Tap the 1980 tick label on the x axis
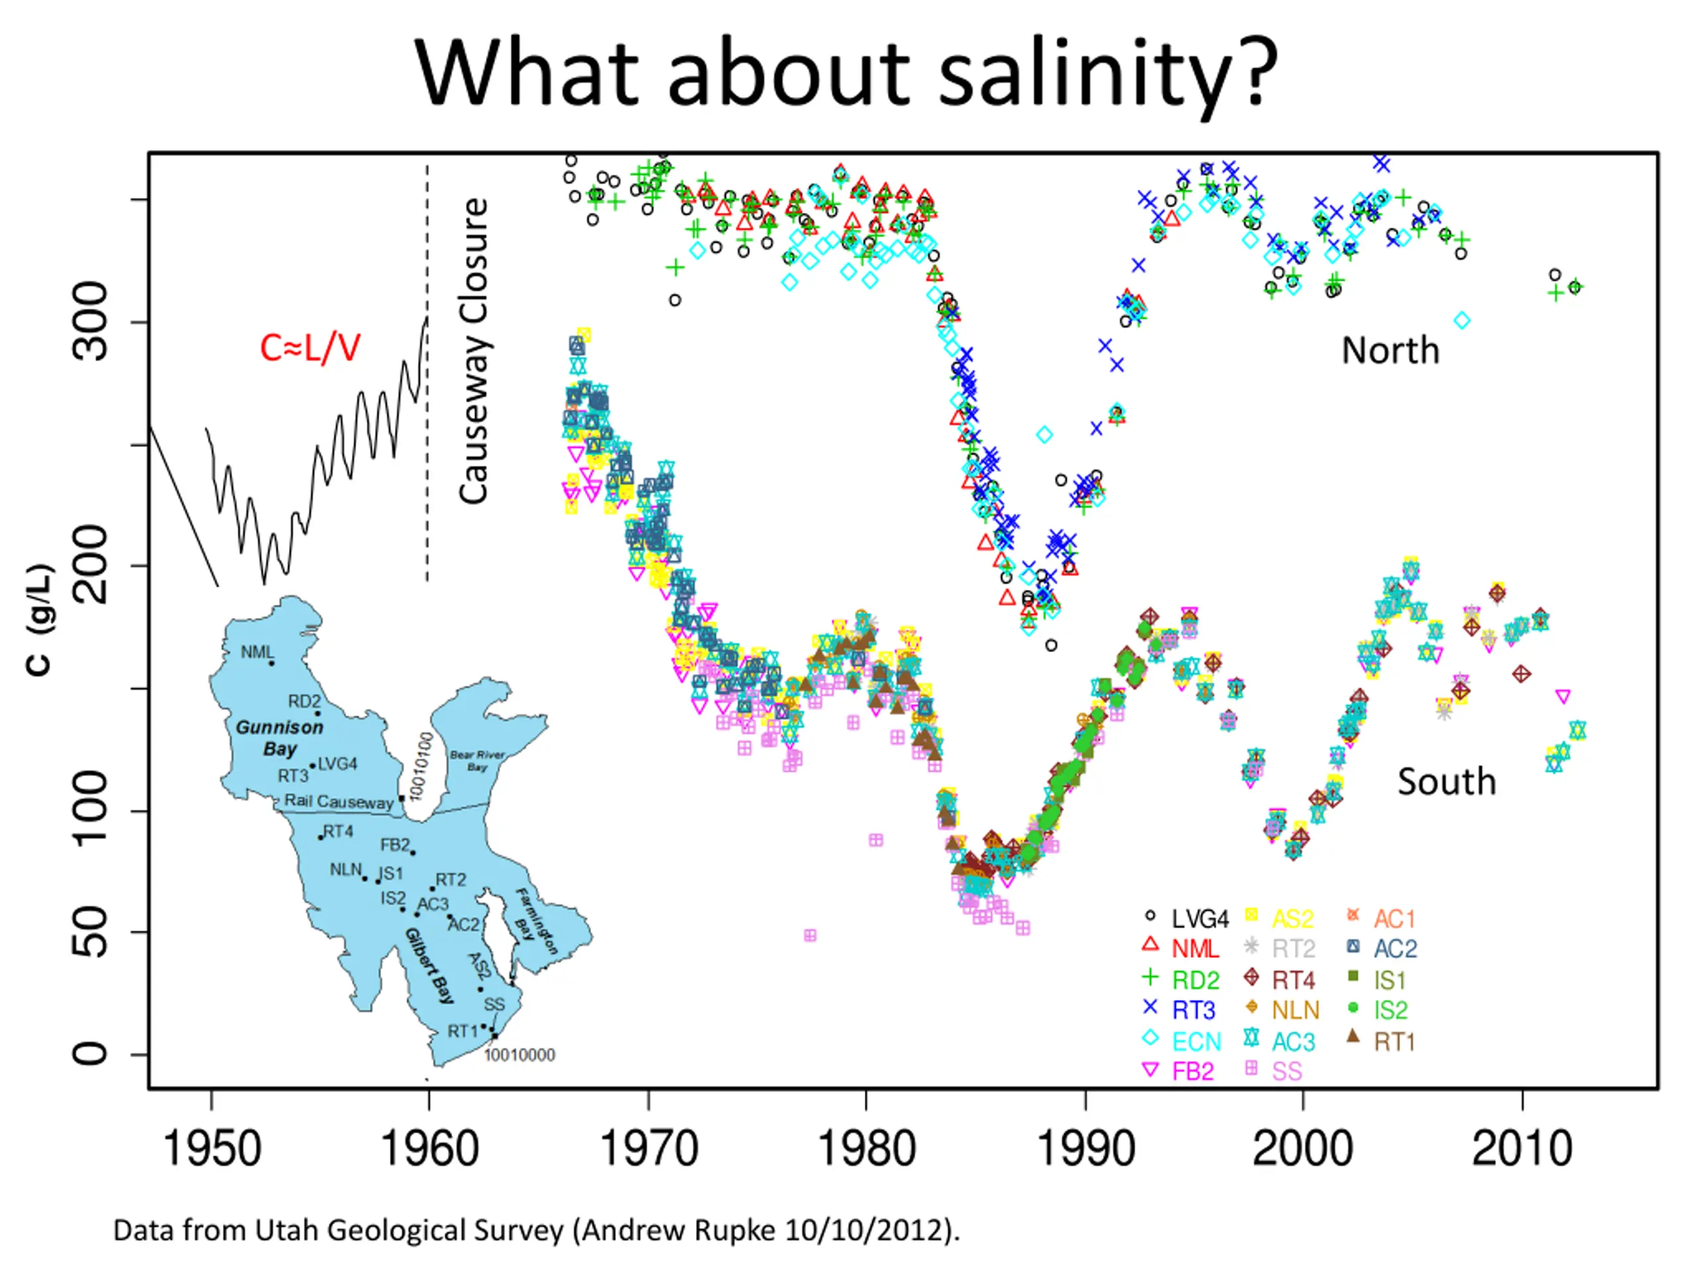(866, 1149)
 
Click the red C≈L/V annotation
(310, 349)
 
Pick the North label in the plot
(1390, 351)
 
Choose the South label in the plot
(1446, 782)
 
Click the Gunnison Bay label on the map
(279, 738)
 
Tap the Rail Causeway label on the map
(339, 802)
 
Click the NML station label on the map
(257, 652)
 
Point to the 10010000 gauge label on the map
(519, 1055)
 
